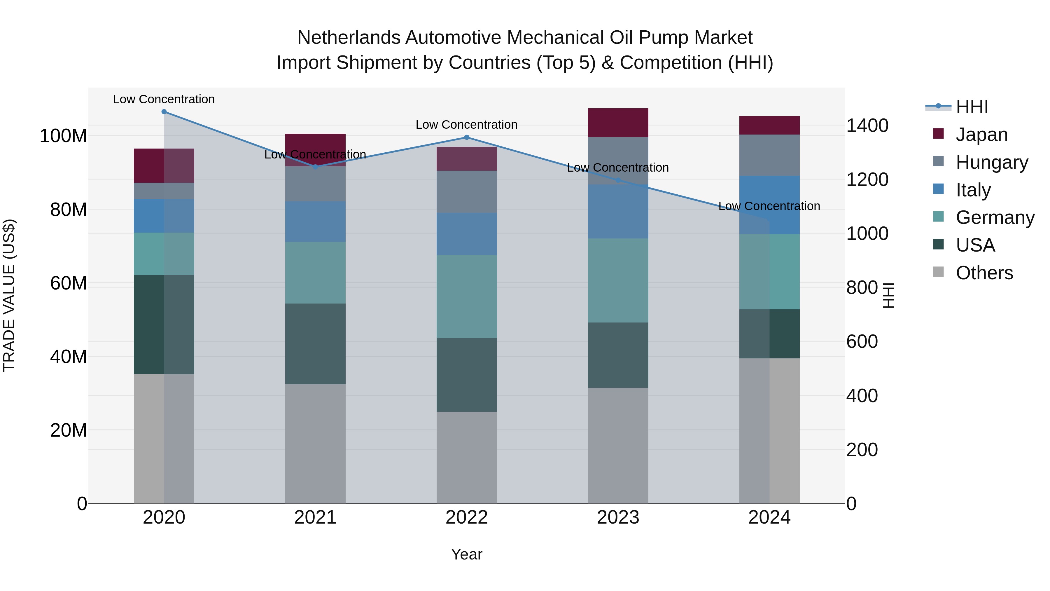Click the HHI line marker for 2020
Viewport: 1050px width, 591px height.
[x=164, y=112]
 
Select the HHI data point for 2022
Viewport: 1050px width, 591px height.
[x=467, y=137]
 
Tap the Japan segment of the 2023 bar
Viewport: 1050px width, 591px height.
[x=618, y=123]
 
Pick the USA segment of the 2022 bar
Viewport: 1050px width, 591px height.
[x=467, y=374]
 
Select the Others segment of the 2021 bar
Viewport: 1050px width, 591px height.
[x=315, y=443]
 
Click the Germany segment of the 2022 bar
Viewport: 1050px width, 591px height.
[x=467, y=297]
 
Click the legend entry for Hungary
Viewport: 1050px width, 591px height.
[x=991, y=162]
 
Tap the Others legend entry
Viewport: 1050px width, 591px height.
[x=984, y=273]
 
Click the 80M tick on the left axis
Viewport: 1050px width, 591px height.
[x=69, y=210]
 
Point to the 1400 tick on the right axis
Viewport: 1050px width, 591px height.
[x=867, y=125]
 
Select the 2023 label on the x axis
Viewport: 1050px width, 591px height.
[x=618, y=517]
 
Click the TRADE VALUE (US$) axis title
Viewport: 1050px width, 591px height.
[x=9, y=295]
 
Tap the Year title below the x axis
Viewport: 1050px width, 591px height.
[x=467, y=554]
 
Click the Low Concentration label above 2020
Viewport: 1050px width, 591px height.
[x=164, y=99]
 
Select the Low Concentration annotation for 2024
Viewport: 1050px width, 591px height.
[x=769, y=206]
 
